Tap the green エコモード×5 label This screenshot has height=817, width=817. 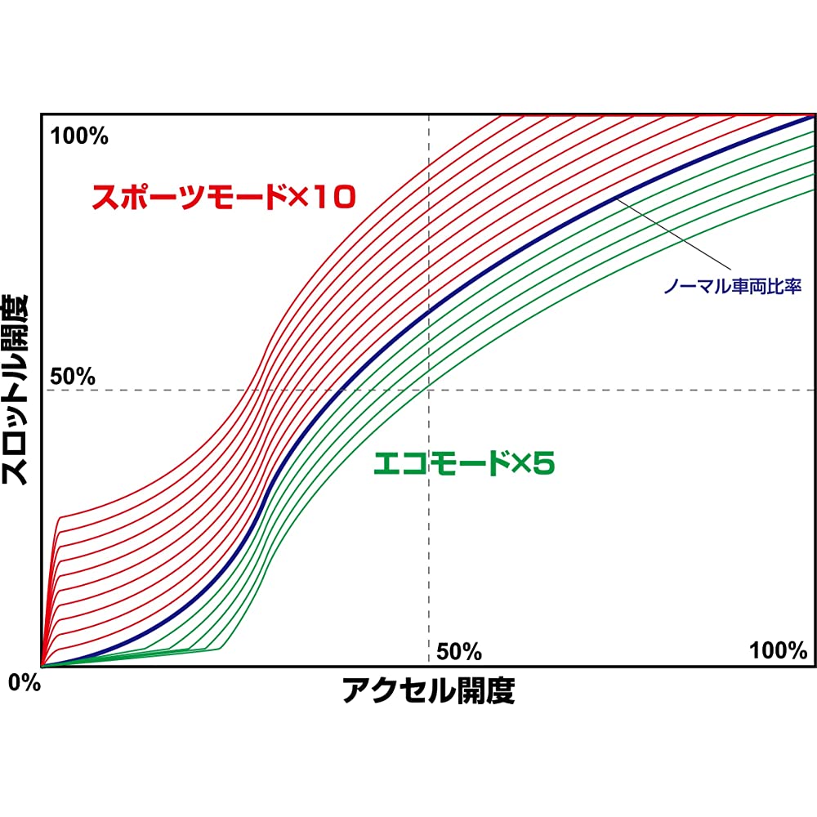464,464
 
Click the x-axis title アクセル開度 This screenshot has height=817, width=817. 428,691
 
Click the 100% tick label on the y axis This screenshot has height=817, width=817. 79,136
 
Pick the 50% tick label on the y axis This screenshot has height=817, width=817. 73,377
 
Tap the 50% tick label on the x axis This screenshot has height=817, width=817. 459,651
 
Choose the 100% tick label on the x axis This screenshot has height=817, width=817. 778,650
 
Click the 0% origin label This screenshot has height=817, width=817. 25,683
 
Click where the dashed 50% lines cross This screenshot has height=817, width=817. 429,390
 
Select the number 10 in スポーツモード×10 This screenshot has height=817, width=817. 334,197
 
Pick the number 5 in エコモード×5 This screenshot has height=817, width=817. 544,464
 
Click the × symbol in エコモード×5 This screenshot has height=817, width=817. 520,465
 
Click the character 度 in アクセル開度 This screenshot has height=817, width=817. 501,691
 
